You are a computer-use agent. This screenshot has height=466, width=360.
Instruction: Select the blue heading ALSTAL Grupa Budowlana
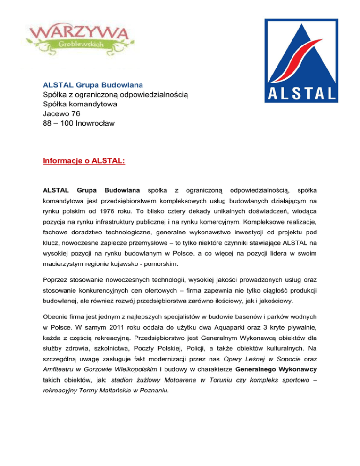tap(93, 85)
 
